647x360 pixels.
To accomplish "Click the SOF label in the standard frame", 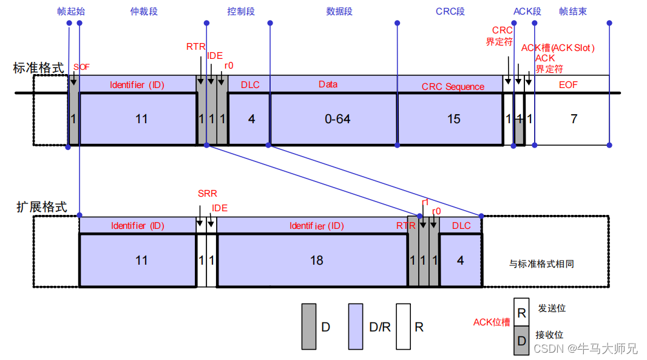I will (x=81, y=67).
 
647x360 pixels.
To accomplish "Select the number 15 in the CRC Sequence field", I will (x=454, y=119).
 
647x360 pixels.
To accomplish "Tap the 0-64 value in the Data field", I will (x=337, y=119).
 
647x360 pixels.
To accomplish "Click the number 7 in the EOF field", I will (x=574, y=119).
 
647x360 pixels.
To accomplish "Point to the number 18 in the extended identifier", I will (x=316, y=260).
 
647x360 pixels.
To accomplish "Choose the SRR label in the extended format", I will (x=207, y=194).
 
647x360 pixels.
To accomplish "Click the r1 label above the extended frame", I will (x=425, y=202).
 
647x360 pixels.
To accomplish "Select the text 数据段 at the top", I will (x=339, y=12).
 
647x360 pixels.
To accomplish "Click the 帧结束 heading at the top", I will (x=573, y=12).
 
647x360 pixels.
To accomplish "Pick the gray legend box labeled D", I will (x=309, y=327).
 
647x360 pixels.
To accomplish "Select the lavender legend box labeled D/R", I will (x=356, y=327).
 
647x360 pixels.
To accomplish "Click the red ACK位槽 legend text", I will (x=492, y=322).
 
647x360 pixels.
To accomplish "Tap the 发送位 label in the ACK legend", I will (x=552, y=308).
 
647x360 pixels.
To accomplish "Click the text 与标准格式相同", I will (x=541, y=264).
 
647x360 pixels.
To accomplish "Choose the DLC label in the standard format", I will (x=250, y=84).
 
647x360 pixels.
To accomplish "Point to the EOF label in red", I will (x=569, y=85).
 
